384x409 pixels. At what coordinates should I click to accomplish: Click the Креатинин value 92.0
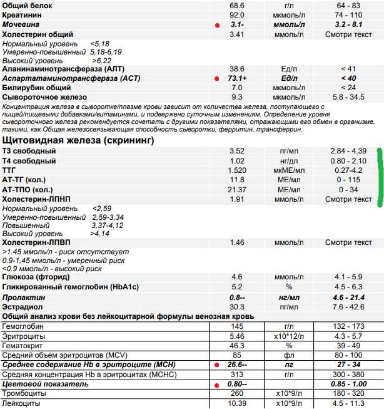pos(236,14)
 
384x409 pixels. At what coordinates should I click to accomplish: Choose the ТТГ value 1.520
pos(236,170)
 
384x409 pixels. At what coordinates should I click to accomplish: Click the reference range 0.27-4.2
pos(348,170)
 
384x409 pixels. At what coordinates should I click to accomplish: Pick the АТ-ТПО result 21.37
pos(236,190)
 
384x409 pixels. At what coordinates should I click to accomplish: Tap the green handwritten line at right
pos(378,177)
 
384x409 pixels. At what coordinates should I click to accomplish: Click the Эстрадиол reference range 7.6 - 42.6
pos(348,307)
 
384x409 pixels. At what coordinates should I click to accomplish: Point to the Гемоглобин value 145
pos(236,326)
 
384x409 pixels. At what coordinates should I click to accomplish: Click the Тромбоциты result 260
pos(236,394)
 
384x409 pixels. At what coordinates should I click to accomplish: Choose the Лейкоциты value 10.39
pos(236,404)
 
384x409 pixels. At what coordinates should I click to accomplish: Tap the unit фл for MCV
pos(289,355)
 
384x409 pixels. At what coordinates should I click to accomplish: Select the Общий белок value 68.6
pos(236,4)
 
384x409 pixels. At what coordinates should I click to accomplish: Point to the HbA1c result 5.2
pos(236,287)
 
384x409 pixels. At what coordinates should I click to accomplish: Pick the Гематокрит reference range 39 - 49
pos(348,346)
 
